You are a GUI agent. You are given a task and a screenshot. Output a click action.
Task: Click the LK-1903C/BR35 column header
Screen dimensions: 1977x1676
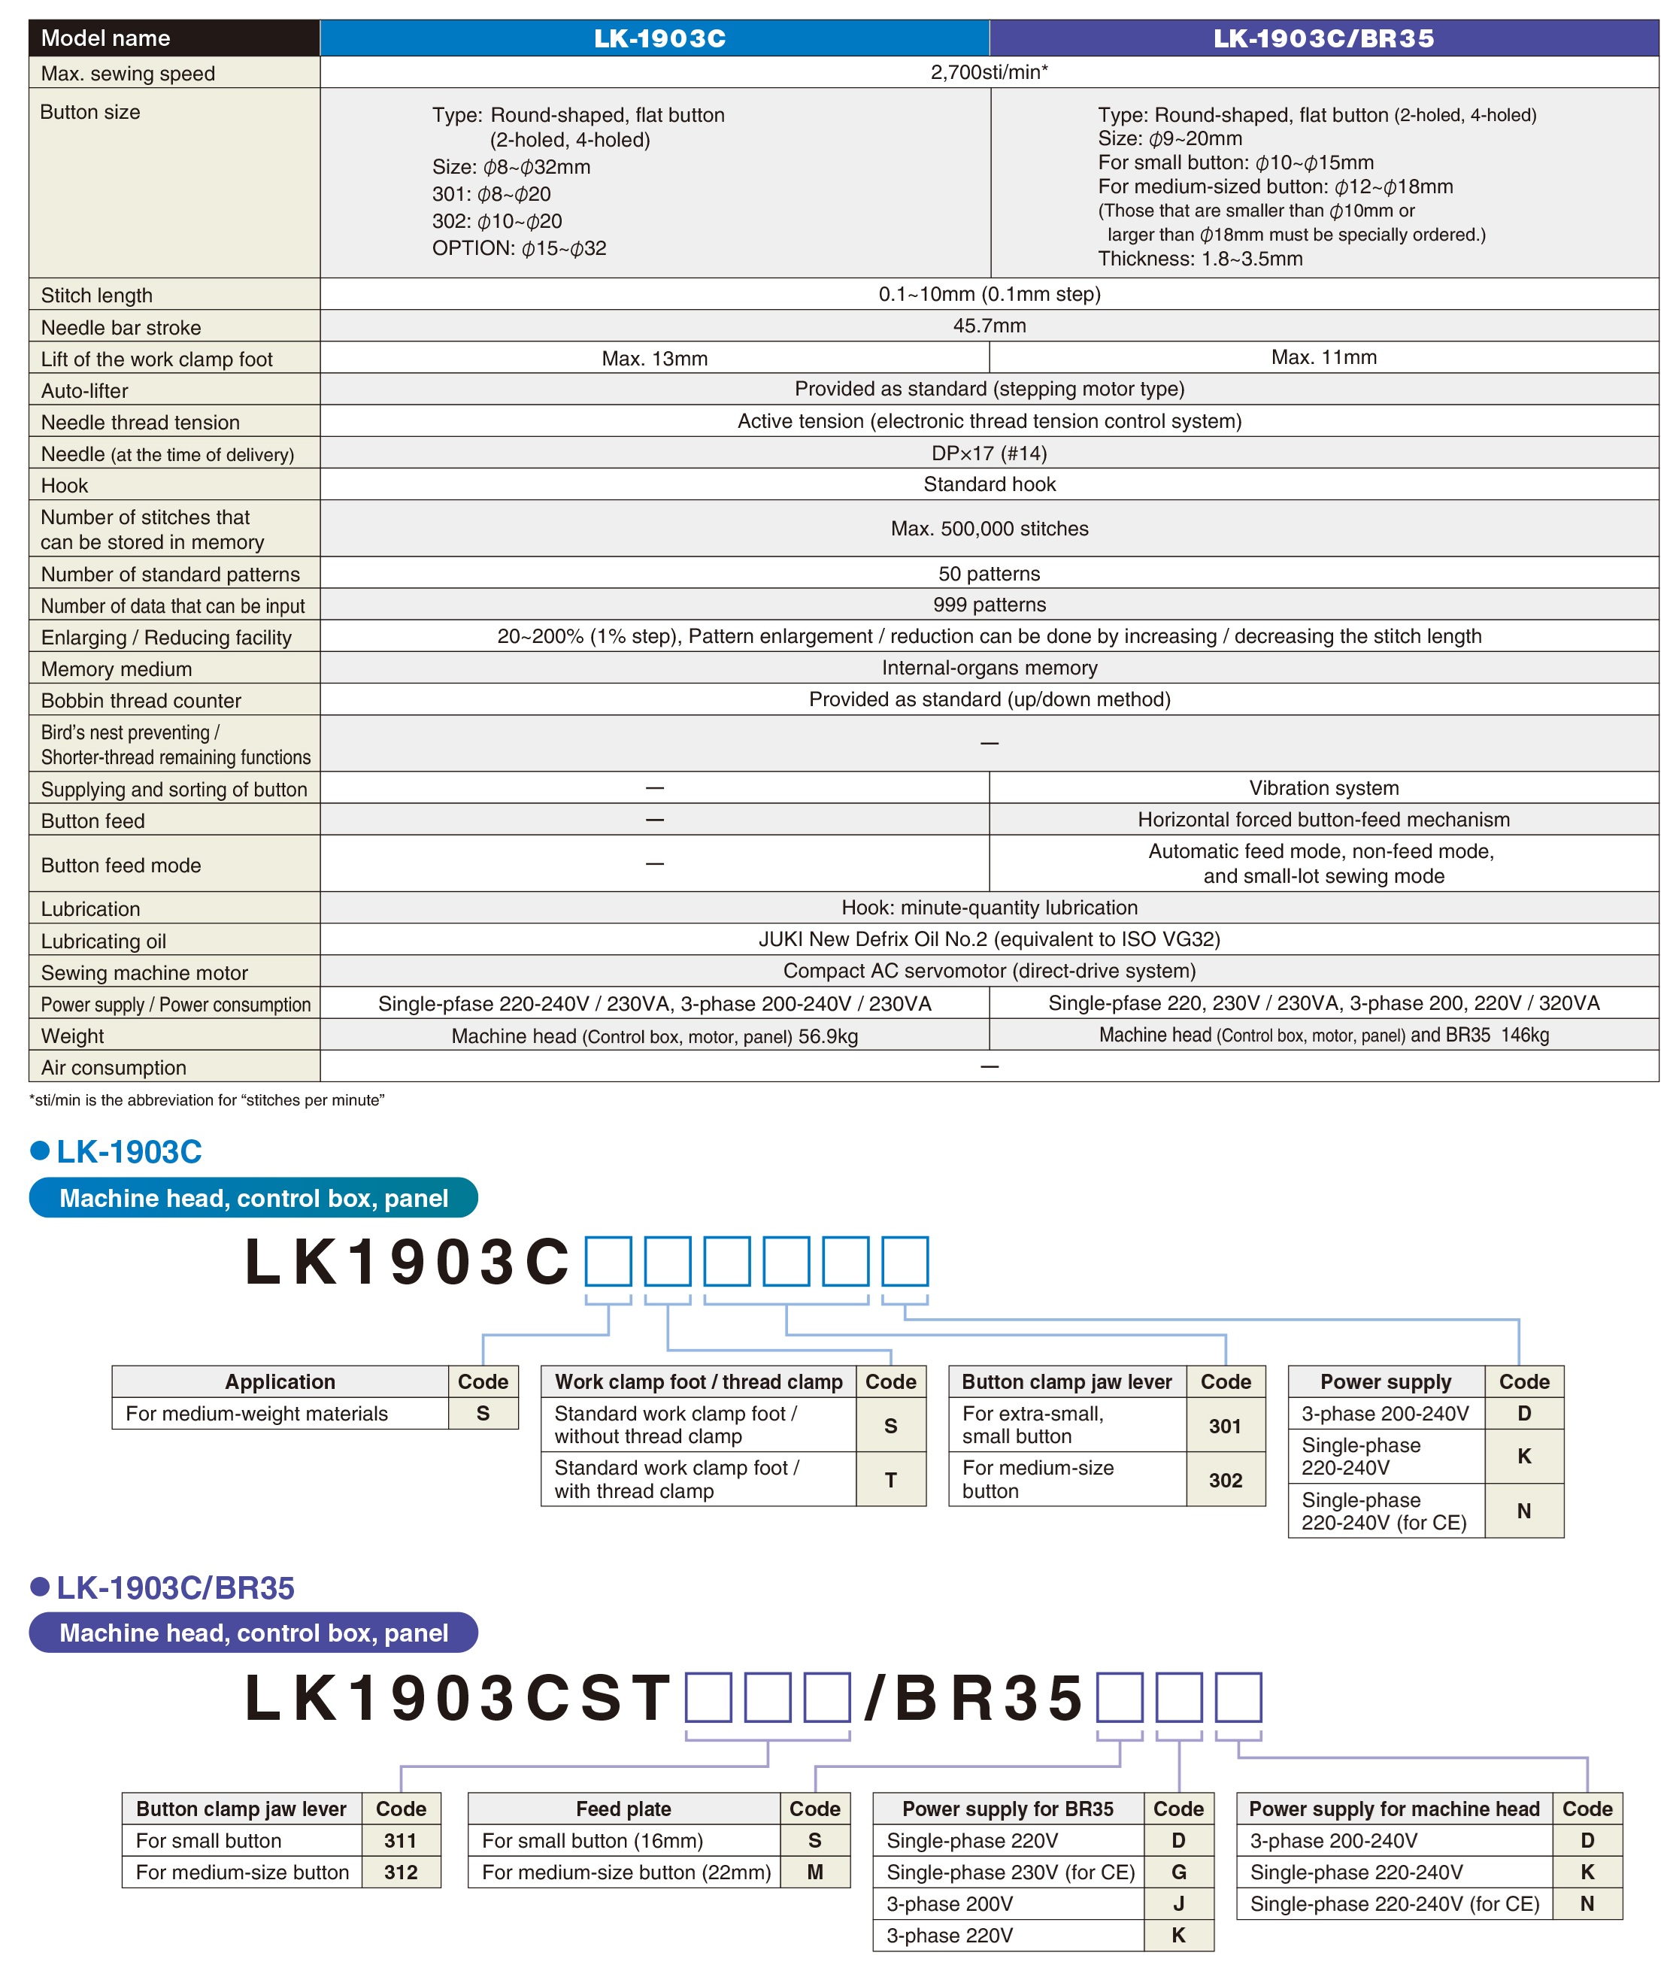(1323, 38)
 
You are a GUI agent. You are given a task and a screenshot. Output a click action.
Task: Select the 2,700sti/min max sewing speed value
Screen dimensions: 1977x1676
(988, 72)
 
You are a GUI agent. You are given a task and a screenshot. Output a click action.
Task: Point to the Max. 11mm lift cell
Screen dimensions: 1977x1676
(1323, 357)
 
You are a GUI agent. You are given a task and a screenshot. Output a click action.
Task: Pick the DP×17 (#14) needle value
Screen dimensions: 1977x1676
(988, 453)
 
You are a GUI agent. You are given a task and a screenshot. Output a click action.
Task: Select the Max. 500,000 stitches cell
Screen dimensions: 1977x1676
(988, 528)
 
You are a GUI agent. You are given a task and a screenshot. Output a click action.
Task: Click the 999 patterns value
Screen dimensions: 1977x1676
(988, 604)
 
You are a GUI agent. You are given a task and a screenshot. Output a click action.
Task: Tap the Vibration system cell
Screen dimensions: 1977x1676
(1323, 787)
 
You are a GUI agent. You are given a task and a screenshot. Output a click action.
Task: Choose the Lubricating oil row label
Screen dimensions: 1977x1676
(104, 941)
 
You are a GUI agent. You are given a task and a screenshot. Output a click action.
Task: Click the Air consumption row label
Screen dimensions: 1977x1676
(113, 1067)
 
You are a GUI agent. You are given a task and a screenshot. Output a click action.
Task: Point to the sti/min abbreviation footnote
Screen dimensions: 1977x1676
(206, 1100)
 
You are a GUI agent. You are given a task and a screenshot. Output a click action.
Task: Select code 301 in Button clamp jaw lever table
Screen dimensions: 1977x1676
(1225, 1425)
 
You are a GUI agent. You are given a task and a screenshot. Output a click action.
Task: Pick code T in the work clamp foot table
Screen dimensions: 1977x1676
(890, 1479)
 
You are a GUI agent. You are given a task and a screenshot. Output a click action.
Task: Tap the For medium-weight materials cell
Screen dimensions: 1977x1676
(256, 1414)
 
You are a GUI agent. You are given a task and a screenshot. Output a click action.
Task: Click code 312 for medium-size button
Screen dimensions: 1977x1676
(400, 1872)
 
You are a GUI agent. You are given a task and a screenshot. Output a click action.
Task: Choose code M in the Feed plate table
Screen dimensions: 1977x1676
(814, 1872)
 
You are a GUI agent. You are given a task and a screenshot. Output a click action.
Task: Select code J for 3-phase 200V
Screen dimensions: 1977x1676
(1178, 1903)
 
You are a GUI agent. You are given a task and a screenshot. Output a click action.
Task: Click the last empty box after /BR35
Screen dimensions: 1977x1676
(1238, 1697)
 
